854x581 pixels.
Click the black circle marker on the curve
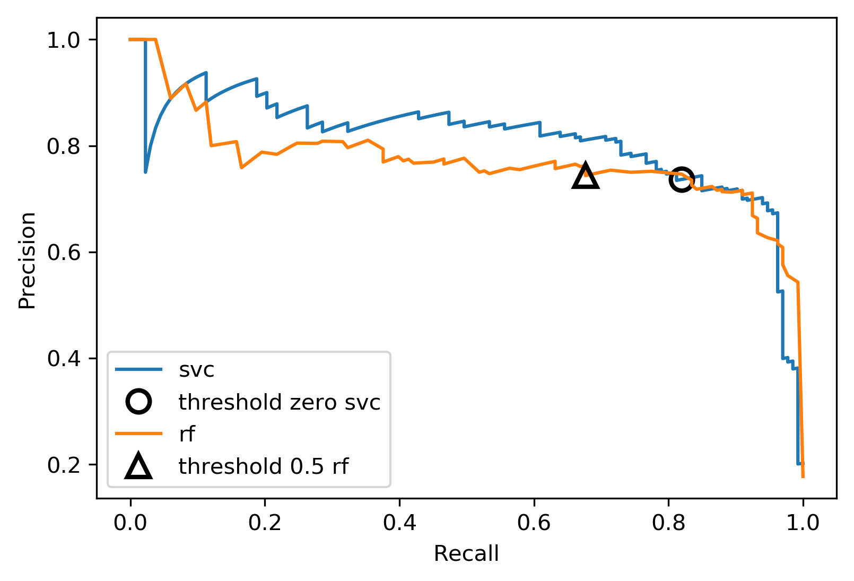click(681, 179)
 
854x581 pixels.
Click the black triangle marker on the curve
click(586, 177)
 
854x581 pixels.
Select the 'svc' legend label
click(197, 370)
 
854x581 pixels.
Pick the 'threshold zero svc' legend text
click(280, 402)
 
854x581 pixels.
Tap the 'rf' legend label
click(187, 434)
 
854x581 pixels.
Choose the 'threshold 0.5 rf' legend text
click(264, 466)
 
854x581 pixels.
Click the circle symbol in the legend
click(138, 402)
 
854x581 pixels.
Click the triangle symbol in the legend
click(138, 466)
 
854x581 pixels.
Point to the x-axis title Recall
click(466, 553)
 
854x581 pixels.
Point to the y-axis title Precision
click(27, 260)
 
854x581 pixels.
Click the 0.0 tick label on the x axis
click(130, 523)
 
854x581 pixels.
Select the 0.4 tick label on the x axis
click(399, 523)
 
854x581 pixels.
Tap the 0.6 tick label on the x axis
click(534, 523)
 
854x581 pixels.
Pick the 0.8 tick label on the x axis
click(669, 523)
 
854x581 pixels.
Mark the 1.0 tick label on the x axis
click(803, 523)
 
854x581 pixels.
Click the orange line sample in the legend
click(138, 434)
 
